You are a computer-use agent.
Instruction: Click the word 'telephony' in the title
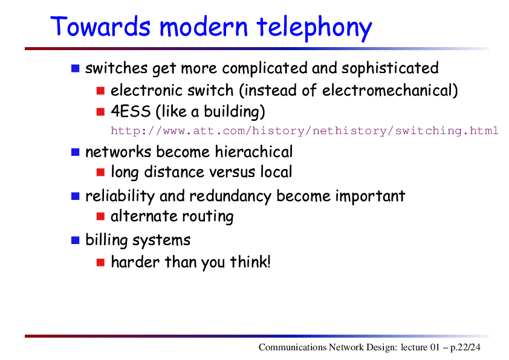coord(314,28)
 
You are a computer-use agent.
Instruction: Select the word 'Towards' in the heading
coord(100,26)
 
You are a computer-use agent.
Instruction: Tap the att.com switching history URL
coord(305,130)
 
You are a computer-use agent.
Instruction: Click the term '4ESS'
coord(131,111)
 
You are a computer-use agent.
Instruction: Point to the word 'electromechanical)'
coord(390,91)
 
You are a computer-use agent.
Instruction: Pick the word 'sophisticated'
coord(390,68)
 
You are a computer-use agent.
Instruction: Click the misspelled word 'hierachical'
coord(253,152)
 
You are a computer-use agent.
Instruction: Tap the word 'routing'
coord(207,217)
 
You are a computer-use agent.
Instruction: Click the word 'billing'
coord(106,240)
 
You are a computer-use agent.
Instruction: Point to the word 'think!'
coord(250,262)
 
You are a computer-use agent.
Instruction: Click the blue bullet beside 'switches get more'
coord(76,68)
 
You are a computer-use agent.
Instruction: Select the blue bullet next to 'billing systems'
coord(76,240)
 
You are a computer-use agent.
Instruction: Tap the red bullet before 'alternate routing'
coord(100,216)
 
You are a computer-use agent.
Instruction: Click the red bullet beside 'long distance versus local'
coord(100,172)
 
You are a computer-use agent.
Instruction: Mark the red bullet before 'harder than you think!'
coord(100,262)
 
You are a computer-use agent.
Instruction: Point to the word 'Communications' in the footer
coord(293,347)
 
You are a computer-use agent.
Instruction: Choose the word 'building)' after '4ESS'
coord(235,112)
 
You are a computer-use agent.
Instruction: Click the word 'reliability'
coord(120,196)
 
